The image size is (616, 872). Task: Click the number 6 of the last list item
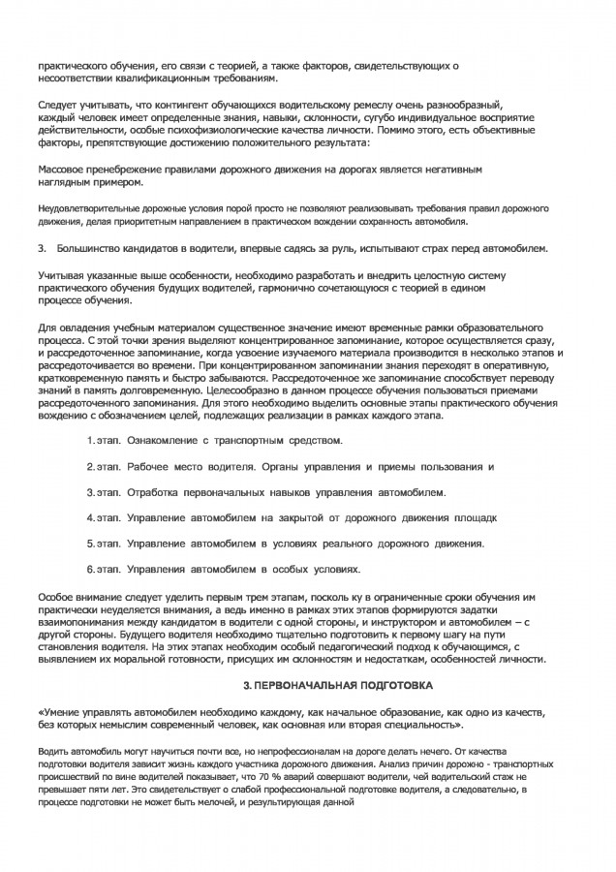89,569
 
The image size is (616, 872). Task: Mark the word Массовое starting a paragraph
62,169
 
